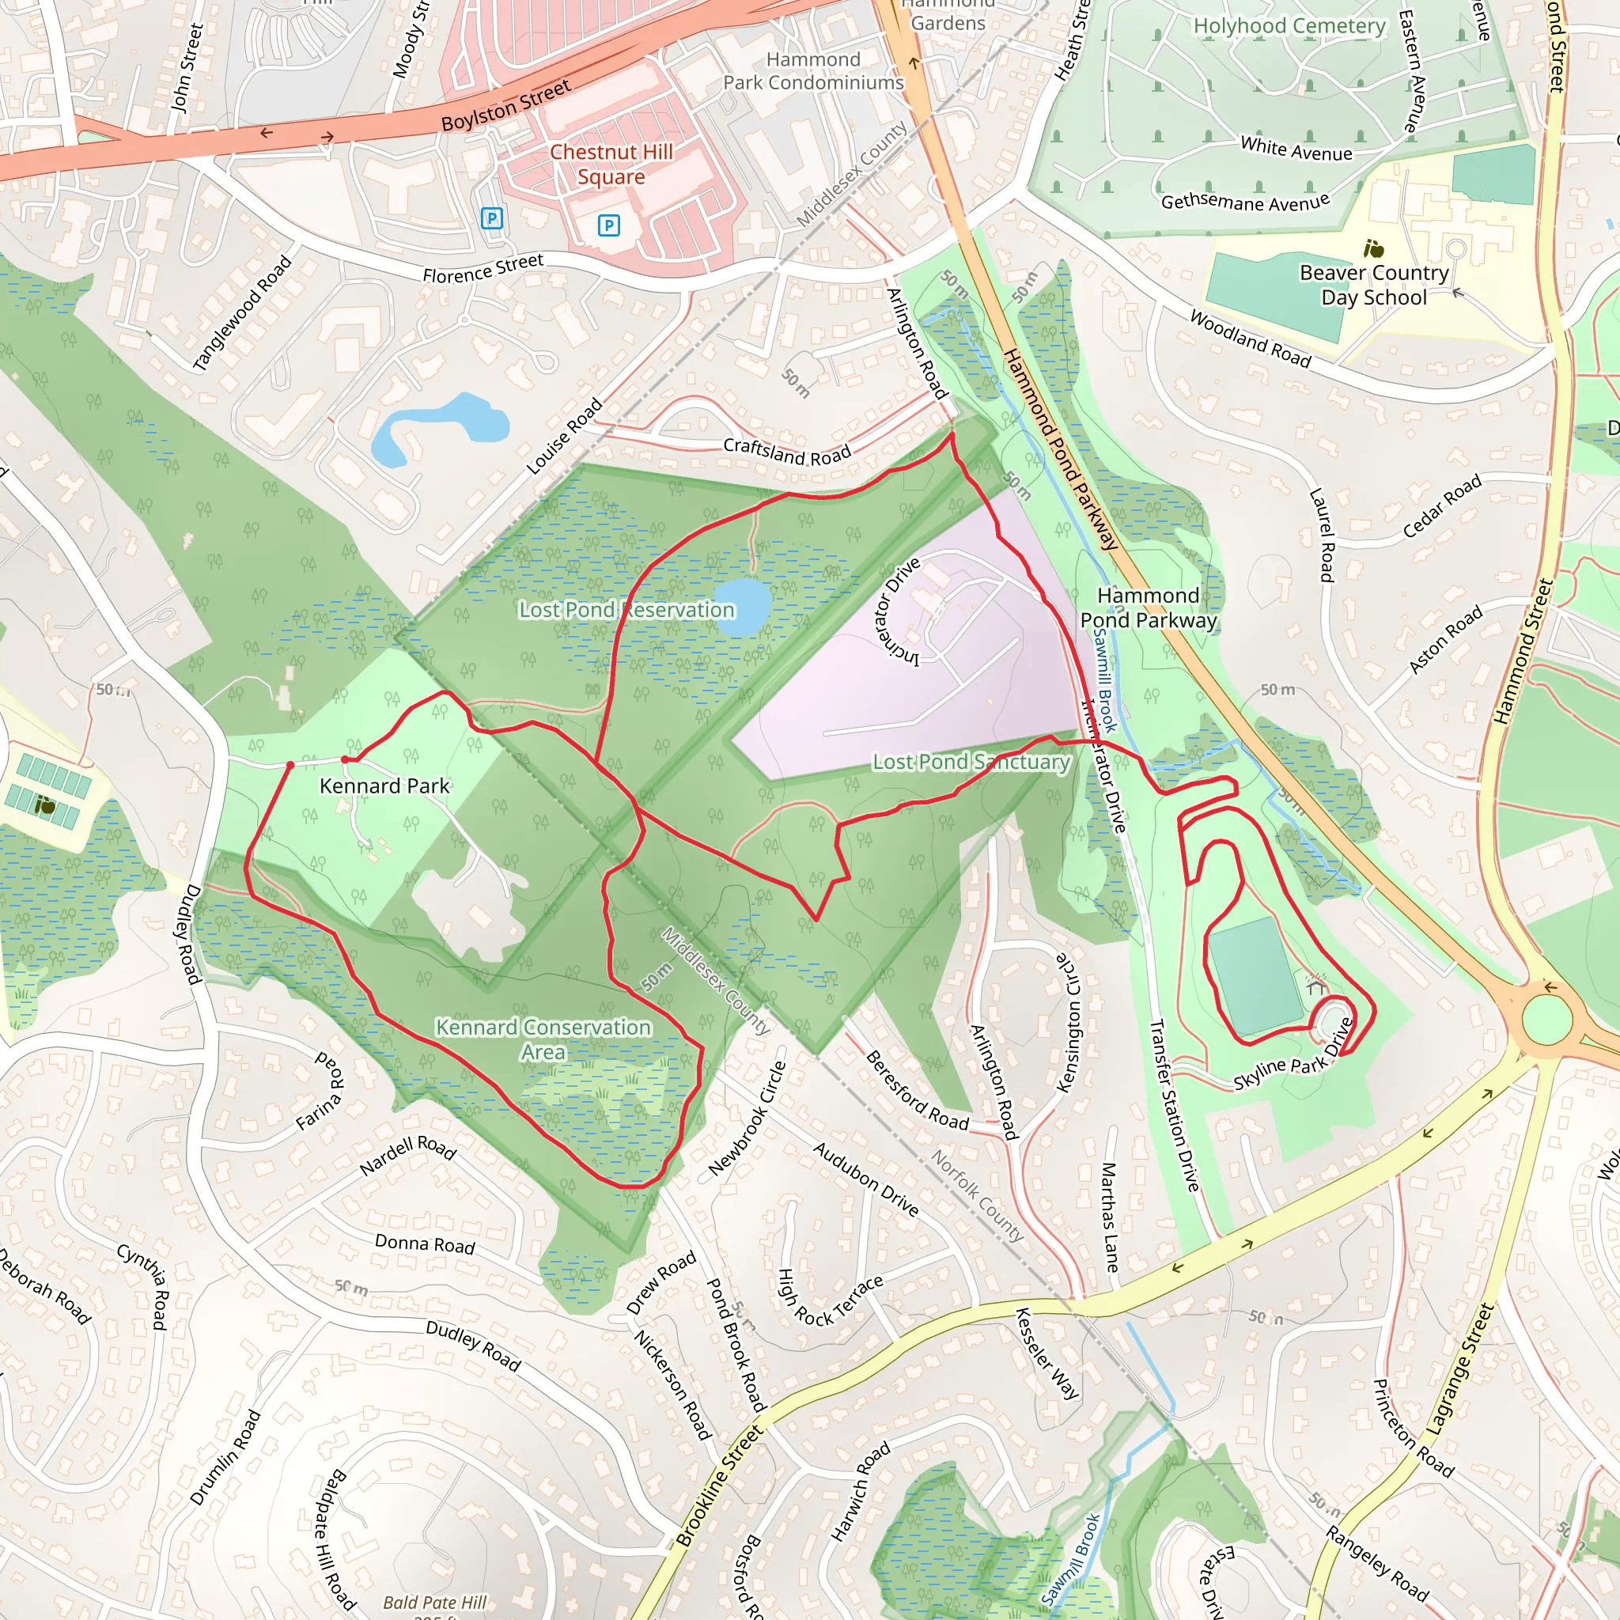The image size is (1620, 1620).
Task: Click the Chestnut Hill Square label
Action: click(x=611, y=165)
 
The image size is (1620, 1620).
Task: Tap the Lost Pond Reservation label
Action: click(x=626, y=610)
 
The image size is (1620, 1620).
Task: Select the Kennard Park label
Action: click(x=385, y=785)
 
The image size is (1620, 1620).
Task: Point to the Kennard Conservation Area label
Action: click(x=543, y=1039)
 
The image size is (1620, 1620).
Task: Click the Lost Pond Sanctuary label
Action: click(x=971, y=762)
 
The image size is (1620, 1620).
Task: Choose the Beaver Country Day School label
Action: click(x=1373, y=285)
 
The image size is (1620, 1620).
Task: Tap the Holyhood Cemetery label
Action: click(x=1289, y=26)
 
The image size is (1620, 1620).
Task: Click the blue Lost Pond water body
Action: click(x=743, y=606)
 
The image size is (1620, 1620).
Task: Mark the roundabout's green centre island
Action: click(x=1546, y=1018)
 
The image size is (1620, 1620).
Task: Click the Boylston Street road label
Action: click(x=505, y=105)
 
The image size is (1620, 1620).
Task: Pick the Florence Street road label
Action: click(x=483, y=268)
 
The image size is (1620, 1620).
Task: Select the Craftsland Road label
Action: click(x=786, y=452)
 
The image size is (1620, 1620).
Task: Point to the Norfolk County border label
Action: click(x=978, y=1195)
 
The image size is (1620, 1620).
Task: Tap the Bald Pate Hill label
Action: click(x=434, y=1603)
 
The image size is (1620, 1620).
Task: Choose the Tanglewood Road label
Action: click(x=241, y=312)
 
